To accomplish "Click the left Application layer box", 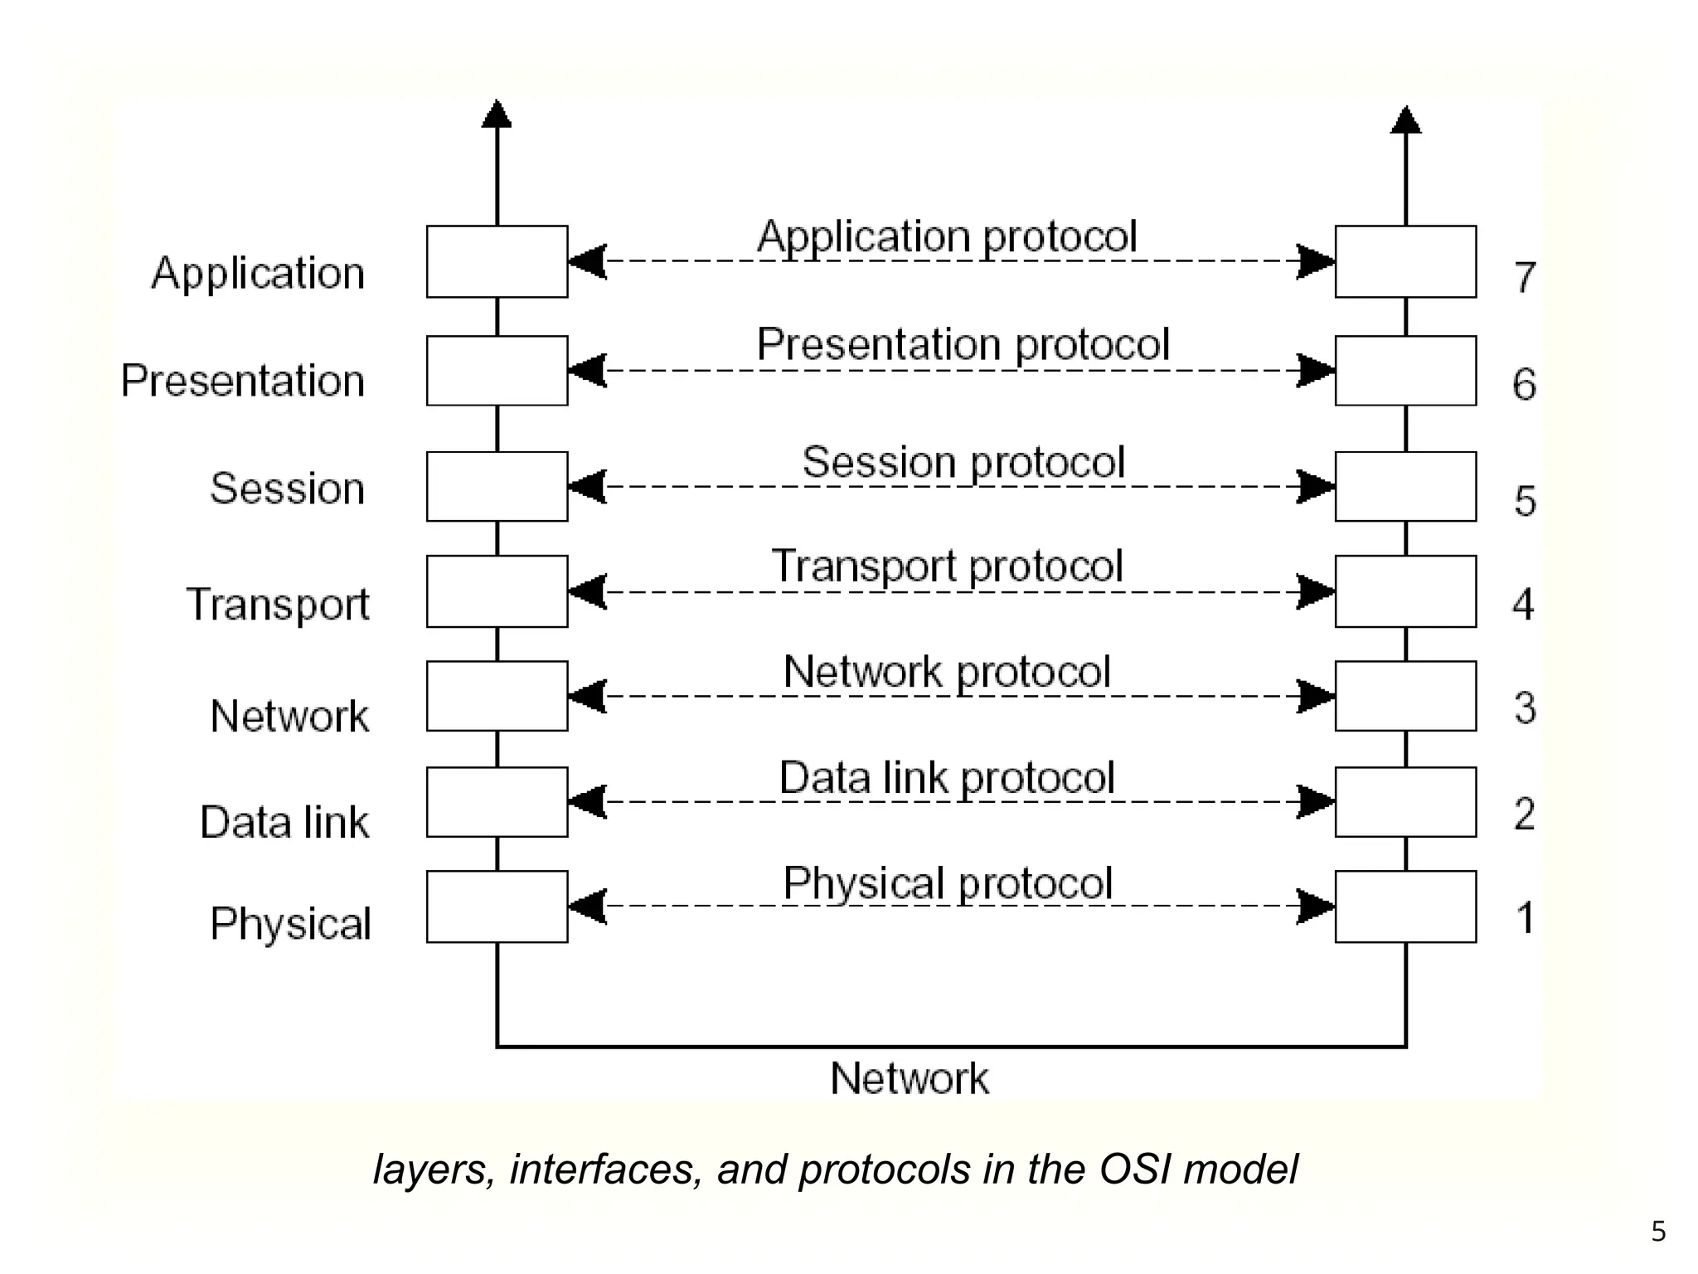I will point(497,261).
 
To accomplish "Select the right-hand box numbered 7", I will point(1405,261).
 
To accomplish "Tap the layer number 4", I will point(1523,604).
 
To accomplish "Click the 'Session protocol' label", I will point(963,462).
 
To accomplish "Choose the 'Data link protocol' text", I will point(947,778).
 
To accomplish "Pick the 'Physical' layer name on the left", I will point(290,924).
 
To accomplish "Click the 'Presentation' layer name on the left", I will point(243,381).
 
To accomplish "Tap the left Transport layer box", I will point(497,591).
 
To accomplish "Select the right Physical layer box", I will point(1405,907).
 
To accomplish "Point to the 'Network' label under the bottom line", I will point(910,1078).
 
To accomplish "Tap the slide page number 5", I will point(1658,1232).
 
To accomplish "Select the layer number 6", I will point(1524,384).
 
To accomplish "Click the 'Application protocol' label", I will point(947,236).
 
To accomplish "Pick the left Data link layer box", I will point(497,802).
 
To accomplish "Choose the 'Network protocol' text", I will point(947,672).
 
